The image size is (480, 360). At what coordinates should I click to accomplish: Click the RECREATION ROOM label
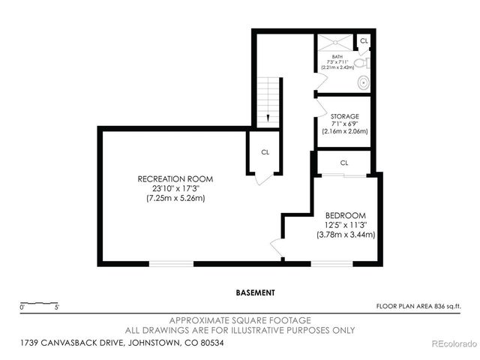coord(175,178)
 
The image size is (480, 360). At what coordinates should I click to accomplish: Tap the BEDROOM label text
coord(345,214)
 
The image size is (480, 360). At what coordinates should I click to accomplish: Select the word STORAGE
coord(345,116)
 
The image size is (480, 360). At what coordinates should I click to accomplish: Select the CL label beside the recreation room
coord(265,151)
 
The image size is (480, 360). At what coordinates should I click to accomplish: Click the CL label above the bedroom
coord(344,163)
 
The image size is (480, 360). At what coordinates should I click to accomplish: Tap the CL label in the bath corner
coord(364,40)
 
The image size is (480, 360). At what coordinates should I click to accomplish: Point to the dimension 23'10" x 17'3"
coord(175,188)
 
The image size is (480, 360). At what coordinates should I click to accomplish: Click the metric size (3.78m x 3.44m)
coord(345,234)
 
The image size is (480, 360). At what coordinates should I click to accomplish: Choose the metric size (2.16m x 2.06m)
coord(345,131)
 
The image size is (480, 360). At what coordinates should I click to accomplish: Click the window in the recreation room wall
coord(171,262)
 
